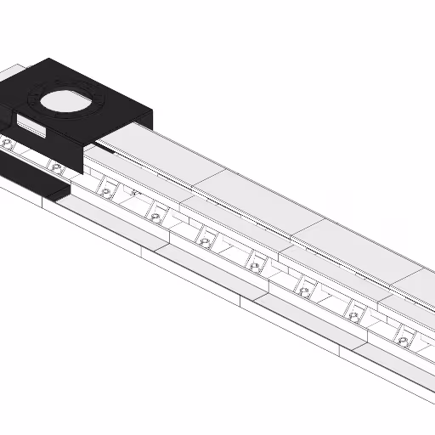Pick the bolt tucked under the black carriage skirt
56,168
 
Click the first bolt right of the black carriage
105,193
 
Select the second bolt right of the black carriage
155,217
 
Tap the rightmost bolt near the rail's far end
403,341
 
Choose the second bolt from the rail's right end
353,316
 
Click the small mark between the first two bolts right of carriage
134,194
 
